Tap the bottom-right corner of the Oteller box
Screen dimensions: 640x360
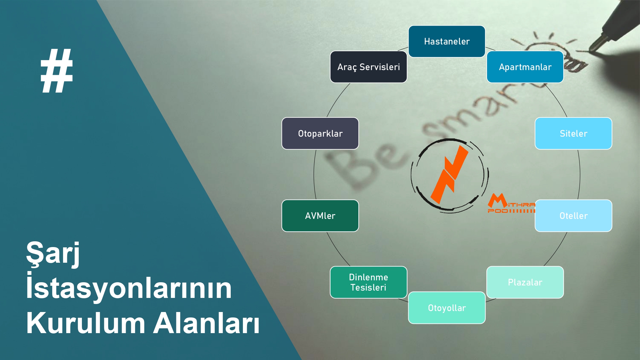click(x=612, y=231)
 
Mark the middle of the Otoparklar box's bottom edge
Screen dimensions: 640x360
click(x=320, y=149)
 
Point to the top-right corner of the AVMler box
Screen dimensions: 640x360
click(x=358, y=200)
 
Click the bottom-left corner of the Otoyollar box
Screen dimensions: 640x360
click(x=409, y=323)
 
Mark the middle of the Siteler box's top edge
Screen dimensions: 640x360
click(x=573, y=118)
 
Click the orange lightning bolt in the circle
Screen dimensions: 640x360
click(x=449, y=175)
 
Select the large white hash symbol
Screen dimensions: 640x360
click(x=57, y=71)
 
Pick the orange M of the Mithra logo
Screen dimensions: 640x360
click(x=497, y=200)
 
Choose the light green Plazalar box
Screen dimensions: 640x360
click(x=525, y=282)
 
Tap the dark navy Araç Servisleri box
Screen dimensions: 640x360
click(x=369, y=67)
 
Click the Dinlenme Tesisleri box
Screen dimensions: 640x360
click(x=369, y=282)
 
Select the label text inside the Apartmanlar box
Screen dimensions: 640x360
click(x=525, y=67)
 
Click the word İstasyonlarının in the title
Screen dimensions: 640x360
click(x=129, y=287)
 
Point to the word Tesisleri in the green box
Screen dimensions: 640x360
click(x=368, y=287)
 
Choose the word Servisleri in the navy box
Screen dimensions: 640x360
click(x=380, y=67)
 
